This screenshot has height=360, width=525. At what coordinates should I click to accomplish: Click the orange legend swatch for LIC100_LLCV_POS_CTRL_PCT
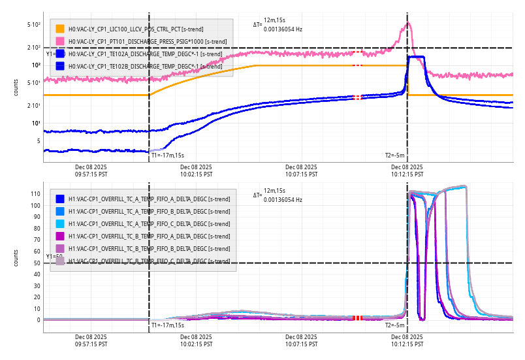(x=60, y=29)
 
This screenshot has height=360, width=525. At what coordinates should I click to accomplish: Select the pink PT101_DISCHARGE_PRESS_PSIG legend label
(x=148, y=41)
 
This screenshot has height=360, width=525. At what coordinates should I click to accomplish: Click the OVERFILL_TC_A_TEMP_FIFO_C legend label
(x=149, y=224)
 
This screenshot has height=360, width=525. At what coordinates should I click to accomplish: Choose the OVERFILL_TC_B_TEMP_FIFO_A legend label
(x=149, y=237)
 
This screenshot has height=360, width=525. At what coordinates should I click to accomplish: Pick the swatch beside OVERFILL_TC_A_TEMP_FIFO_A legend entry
(x=60, y=199)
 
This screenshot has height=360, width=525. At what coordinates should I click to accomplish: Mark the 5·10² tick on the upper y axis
(x=34, y=25)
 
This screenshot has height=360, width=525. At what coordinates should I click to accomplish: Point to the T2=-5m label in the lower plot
(x=395, y=325)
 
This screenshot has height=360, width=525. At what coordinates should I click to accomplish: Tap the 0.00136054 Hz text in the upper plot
(x=283, y=29)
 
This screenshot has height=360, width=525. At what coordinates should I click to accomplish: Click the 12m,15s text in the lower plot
(x=274, y=190)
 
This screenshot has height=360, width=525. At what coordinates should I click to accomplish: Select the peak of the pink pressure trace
(x=409, y=24)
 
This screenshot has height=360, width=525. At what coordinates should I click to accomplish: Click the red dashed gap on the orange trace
(x=357, y=65)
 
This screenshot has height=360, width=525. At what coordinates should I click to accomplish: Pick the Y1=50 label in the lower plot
(x=54, y=257)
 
